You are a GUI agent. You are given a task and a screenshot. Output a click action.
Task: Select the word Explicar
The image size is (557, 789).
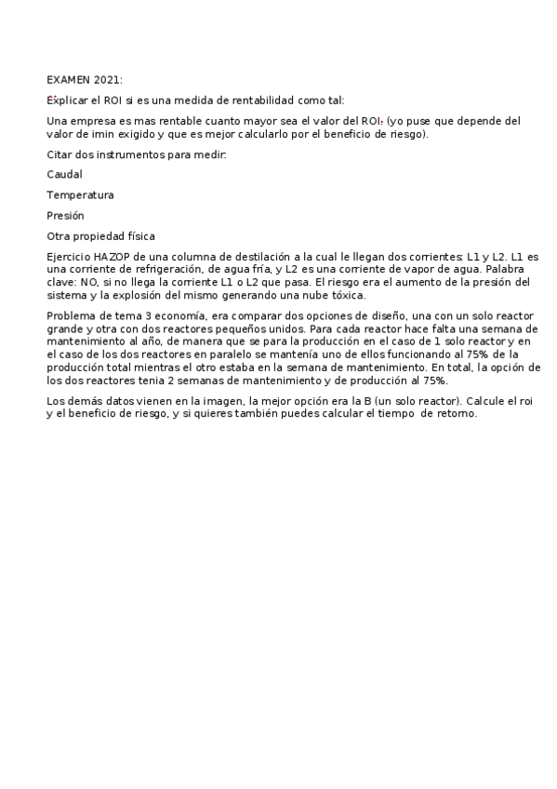click(66, 100)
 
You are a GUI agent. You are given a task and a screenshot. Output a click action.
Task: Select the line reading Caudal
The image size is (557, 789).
click(64, 174)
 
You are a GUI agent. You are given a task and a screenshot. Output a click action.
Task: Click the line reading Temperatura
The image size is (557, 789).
click(80, 195)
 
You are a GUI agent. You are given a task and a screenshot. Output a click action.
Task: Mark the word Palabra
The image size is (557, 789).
click(494, 269)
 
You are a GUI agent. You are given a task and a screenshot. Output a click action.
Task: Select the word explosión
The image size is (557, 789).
click(136, 295)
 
